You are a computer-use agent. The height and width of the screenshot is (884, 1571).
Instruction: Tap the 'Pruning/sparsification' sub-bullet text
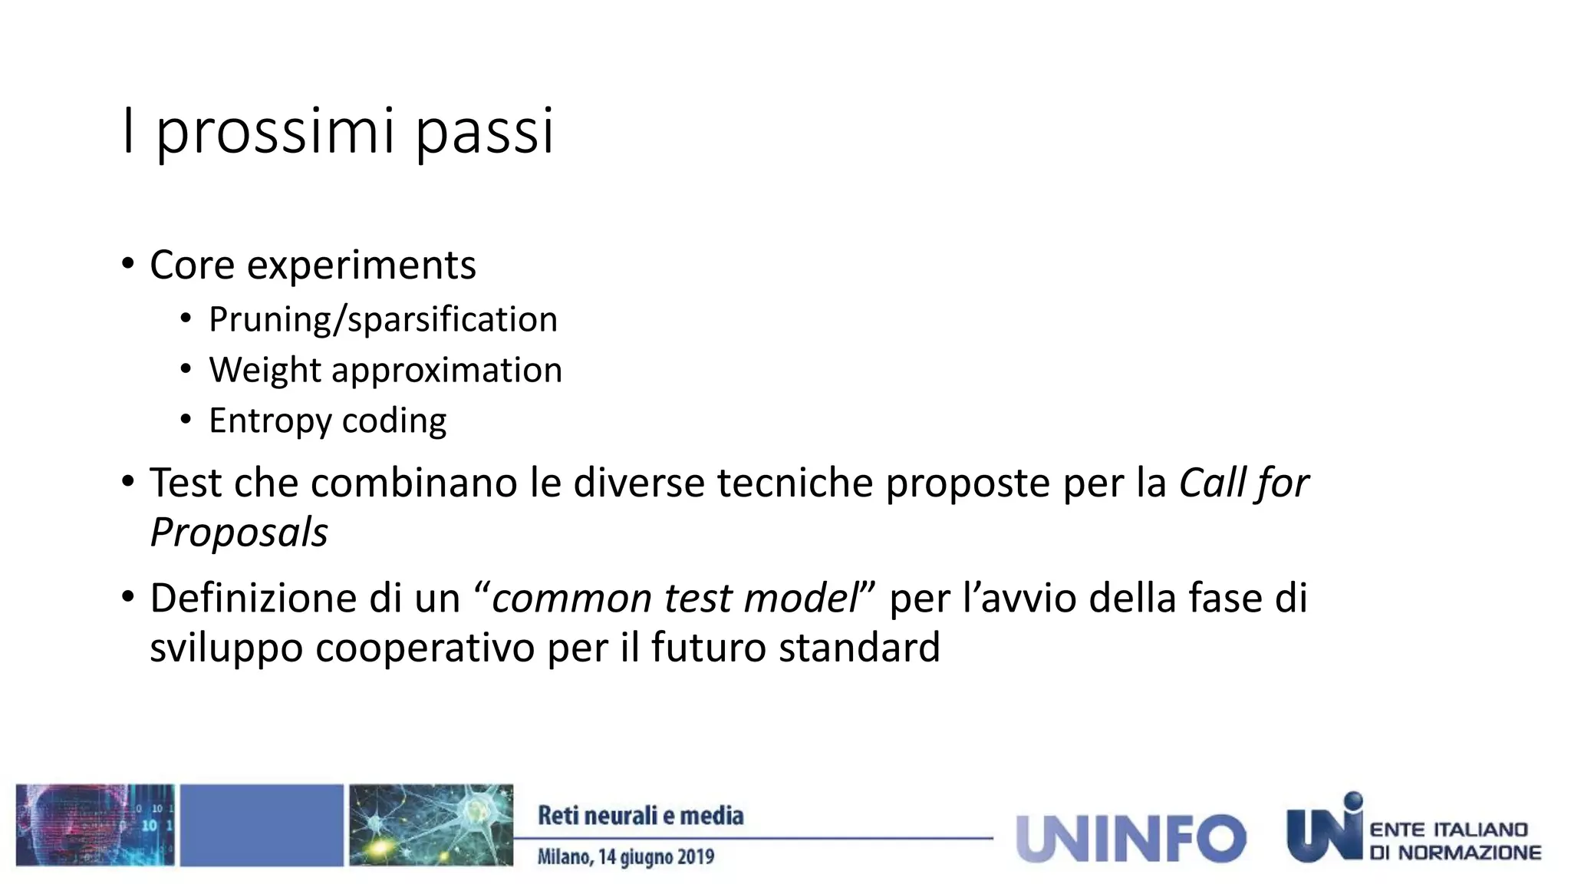click(383, 319)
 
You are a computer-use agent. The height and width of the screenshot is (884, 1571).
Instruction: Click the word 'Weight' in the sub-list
click(265, 371)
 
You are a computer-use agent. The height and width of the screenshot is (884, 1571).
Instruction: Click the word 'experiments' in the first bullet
click(361, 266)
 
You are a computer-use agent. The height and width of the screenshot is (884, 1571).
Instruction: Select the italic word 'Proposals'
click(239, 532)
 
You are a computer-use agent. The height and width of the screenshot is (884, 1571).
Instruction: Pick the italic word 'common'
click(571, 599)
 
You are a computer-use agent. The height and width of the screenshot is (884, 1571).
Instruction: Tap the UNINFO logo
click(1131, 838)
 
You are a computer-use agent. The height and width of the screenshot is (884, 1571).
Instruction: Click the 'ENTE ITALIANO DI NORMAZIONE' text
click(1455, 841)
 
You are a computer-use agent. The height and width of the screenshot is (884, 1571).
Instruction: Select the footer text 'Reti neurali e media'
click(641, 816)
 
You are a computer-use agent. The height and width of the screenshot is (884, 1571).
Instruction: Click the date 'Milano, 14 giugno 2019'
click(625, 856)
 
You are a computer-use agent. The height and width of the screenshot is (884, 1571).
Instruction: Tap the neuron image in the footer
click(431, 825)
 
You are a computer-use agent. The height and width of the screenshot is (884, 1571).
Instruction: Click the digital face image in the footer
click(95, 825)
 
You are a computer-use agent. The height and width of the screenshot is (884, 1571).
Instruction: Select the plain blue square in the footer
click(262, 825)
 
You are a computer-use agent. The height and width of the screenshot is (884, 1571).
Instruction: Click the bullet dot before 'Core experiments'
click(128, 264)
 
